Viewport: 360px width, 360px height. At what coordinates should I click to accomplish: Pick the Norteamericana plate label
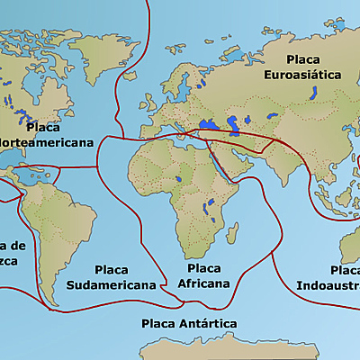point(47,142)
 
